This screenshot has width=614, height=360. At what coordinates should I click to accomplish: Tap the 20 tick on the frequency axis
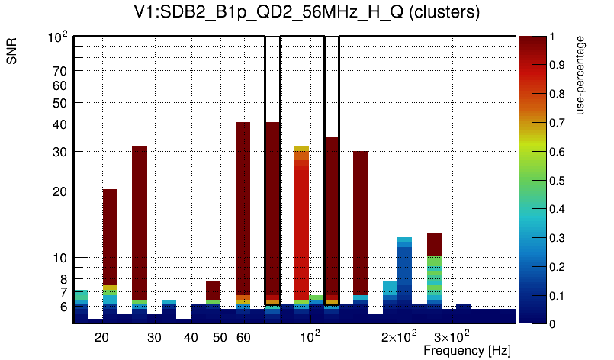[x=102, y=336]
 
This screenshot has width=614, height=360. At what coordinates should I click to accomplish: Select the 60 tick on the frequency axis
[x=243, y=336]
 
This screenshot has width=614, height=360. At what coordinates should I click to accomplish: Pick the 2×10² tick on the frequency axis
[x=399, y=336]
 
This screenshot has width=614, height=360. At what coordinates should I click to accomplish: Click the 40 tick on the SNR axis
[x=59, y=124]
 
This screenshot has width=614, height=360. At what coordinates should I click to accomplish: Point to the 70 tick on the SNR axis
[x=59, y=71]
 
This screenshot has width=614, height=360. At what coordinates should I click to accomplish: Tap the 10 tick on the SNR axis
[x=59, y=258]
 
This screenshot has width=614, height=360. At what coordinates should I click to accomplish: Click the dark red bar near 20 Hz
[x=110, y=236]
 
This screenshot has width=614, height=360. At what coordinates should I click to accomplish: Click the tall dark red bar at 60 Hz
[x=243, y=206]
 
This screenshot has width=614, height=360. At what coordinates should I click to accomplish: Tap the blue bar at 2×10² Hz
[x=405, y=275]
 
